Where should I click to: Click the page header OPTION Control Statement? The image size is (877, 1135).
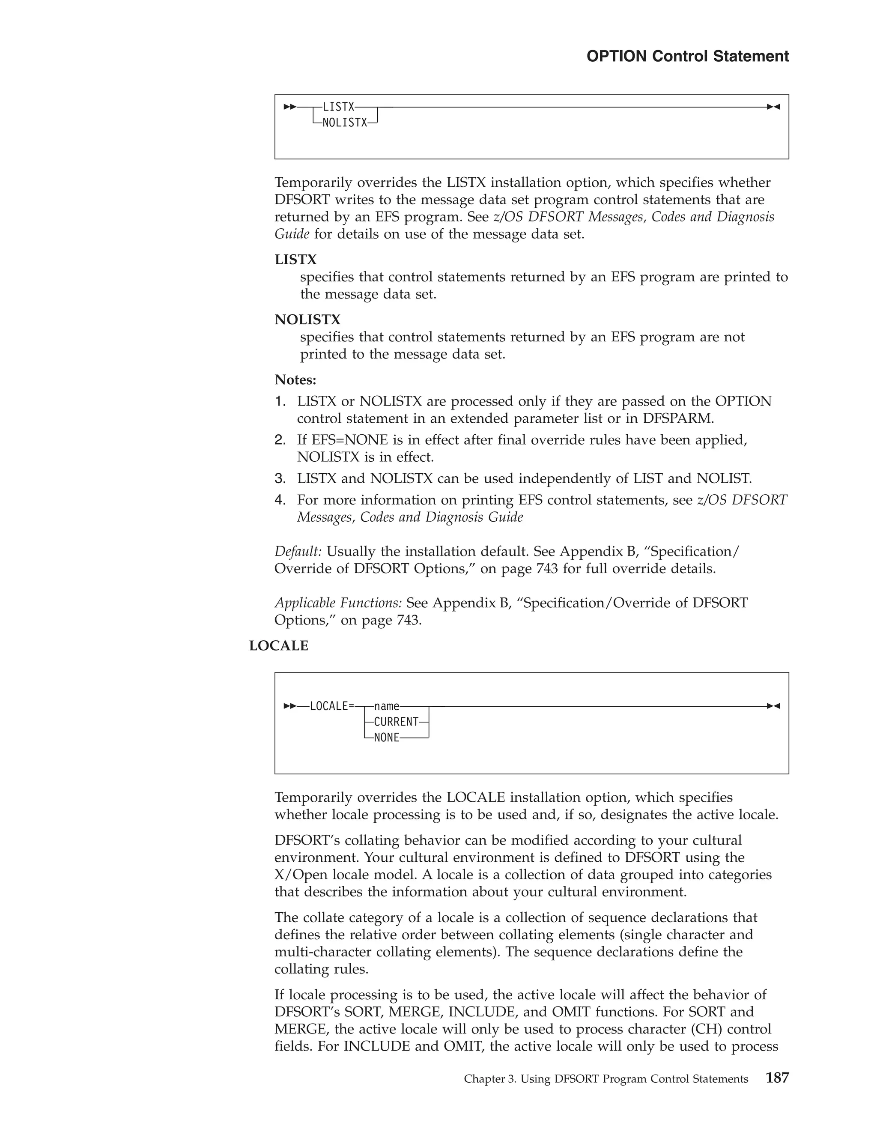(x=687, y=56)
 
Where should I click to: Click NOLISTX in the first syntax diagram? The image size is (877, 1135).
(x=344, y=123)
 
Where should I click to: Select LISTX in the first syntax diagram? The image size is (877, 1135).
(x=338, y=107)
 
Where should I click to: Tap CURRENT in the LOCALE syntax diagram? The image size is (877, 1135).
(x=396, y=722)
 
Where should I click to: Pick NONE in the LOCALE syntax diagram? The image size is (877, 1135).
(x=387, y=738)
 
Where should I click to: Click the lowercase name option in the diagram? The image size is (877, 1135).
(x=387, y=706)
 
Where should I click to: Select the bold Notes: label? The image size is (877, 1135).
(x=295, y=380)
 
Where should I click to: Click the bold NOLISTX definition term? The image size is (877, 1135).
(x=307, y=320)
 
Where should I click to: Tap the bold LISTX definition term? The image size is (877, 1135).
(x=295, y=259)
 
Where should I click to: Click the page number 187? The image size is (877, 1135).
(x=777, y=1078)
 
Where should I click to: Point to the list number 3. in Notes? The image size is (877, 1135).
(x=280, y=478)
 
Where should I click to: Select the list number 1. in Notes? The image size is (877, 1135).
(x=280, y=401)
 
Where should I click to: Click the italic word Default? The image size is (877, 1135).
(x=298, y=551)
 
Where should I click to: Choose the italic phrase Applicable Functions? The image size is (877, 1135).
(x=338, y=603)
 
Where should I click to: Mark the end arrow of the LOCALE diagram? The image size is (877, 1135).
(x=774, y=706)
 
